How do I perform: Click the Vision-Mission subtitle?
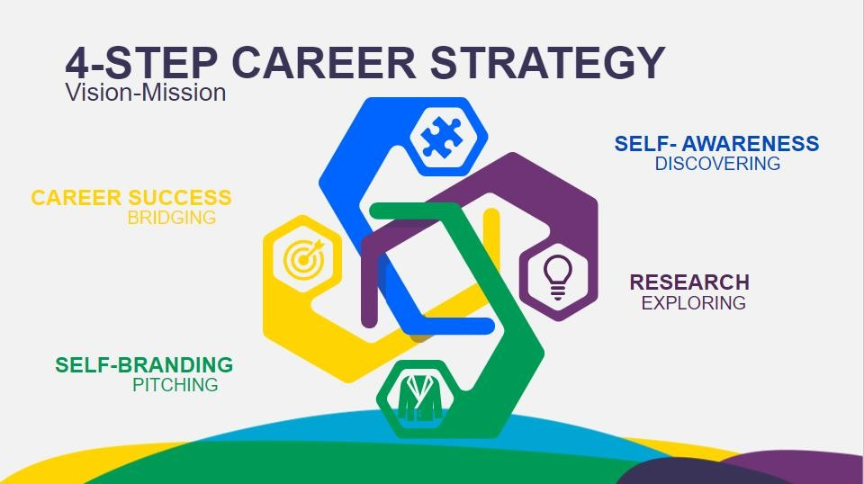(x=146, y=93)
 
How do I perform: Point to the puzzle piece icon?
(x=441, y=138)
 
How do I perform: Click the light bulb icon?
(x=558, y=277)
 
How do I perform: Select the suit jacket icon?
(x=417, y=399)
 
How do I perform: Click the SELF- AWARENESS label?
(x=717, y=144)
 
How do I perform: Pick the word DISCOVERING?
(x=717, y=164)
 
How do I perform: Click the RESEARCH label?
(x=689, y=282)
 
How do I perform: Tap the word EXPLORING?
(x=693, y=303)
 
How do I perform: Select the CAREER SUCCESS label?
(x=131, y=198)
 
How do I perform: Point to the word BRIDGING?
(x=171, y=218)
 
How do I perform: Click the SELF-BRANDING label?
(x=144, y=365)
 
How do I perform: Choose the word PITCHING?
(x=175, y=385)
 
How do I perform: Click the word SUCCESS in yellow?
(x=180, y=198)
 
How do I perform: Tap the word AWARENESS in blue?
(x=751, y=144)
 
